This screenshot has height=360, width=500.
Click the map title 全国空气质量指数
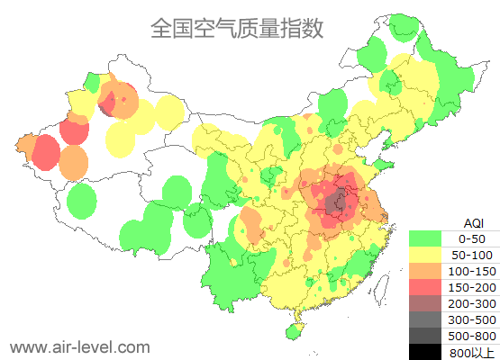tap(236, 29)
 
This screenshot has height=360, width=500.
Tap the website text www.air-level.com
tap(79, 346)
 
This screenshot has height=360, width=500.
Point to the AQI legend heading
tap(473, 222)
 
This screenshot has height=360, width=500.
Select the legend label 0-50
tap(472, 238)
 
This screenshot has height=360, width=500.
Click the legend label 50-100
tap(472, 255)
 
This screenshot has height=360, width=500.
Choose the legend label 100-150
tap(472, 271)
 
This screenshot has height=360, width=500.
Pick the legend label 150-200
tap(472, 287)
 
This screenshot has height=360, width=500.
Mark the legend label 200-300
tap(472, 303)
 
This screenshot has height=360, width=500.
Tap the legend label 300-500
tap(472, 319)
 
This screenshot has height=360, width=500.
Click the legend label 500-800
tap(472, 336)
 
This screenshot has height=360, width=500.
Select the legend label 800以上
tap(472, 352)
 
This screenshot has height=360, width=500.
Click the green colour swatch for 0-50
tap(425, 238)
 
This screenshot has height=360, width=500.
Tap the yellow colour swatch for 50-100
tap(425, 255)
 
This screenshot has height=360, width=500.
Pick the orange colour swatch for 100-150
tap(425, 271)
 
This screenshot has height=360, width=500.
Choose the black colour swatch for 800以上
tap(425, 352)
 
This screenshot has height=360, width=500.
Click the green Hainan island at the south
tap(294, 331)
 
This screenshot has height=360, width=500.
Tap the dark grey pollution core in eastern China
tap(338, 203)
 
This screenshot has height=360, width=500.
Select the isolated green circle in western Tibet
tap(82, 200)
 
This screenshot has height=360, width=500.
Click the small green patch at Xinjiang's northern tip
tap(92, 83)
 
